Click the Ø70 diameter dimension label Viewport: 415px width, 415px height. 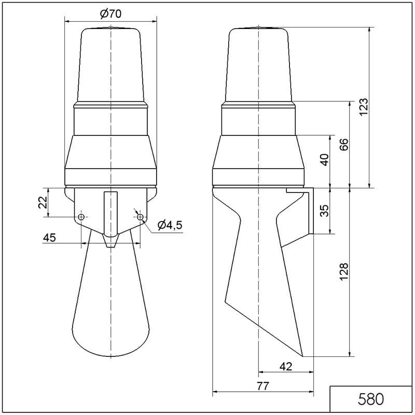click(x=110, y=13)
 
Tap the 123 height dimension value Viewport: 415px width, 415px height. click(x=364, y=107)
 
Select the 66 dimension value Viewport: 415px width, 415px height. click(x=344, y=145)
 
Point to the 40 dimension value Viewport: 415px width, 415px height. click(x=325, y=160)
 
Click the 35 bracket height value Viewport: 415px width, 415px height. click(x=325, y=211)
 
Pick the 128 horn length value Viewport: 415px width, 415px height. click(x=344, y=272)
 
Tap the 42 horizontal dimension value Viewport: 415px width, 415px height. click(x=286, y=367)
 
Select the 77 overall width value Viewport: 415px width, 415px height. click(x=262, y=386)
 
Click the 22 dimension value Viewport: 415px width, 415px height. click(x=43, y=202)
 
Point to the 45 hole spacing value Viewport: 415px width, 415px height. click(x=49, y=238)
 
